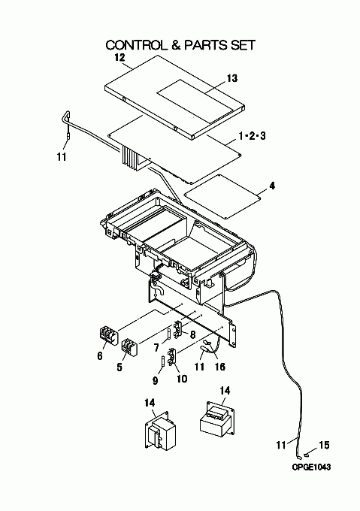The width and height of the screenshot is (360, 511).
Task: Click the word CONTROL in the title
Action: (135, 45)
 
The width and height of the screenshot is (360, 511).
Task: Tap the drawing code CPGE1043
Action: (311, 467)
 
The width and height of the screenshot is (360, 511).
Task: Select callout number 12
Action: (119, 58)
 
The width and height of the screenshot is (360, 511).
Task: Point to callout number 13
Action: (232, 78)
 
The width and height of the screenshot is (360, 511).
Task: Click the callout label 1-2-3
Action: (253, 135)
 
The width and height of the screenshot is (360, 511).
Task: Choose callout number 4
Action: (272, 186)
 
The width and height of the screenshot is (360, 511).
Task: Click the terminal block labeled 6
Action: (108, 336)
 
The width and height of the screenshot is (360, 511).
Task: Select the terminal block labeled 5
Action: (130, 347)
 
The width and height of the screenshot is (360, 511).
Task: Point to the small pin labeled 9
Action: (162, 361)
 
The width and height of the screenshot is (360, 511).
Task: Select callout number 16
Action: (220, 367)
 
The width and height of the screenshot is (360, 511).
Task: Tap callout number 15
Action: (324, 445)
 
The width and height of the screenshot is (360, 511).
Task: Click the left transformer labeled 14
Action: (160, 431)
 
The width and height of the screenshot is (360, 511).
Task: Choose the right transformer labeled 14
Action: (217, 419)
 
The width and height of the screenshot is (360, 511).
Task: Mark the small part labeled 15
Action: (306, 454)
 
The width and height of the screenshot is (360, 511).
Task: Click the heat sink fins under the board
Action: (130, 159)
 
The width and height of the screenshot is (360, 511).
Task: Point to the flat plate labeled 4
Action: (223, 196)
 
